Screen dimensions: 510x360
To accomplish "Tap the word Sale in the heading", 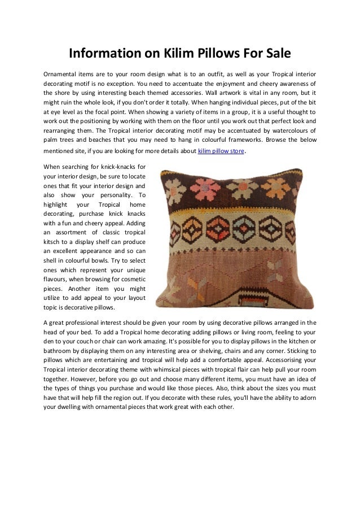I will [x=275, y=54].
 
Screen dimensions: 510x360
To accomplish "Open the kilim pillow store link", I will [x=221, y=151].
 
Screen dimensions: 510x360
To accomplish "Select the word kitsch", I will [x=54, y=240].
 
